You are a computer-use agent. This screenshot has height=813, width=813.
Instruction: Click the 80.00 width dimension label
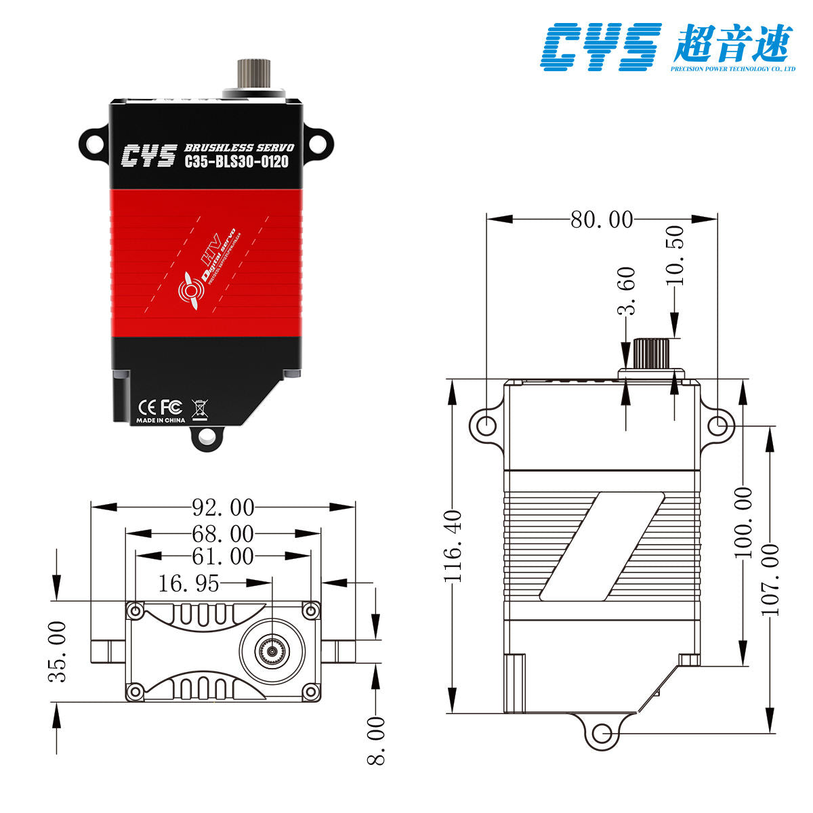[x=602, y=220]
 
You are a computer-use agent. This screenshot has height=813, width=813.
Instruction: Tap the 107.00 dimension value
[x=771, y=579]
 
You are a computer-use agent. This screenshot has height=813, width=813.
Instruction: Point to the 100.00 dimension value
[x=744, y=522]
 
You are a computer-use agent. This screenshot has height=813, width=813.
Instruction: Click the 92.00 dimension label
[x=223, y=507]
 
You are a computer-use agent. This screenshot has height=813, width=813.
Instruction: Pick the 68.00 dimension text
[x=223, y=533]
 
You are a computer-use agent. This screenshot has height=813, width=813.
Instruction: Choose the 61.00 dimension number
[x=223, y=557]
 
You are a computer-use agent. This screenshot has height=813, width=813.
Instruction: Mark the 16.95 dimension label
[x=189, y=583]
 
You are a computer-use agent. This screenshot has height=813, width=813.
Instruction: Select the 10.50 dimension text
[x=675, y=255]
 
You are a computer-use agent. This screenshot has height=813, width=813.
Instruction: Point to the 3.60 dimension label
[x=626, y=291]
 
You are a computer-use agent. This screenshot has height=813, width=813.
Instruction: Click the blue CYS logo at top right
[x=600, y=46]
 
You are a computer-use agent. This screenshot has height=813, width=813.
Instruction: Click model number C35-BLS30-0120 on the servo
[x=236, y=161]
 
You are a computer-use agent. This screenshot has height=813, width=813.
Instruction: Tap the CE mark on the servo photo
[x=147, y=406]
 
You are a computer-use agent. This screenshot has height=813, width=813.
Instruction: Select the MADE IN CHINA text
[x=161, y=420]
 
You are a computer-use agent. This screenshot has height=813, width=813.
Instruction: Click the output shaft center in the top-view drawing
[x=272, y=650]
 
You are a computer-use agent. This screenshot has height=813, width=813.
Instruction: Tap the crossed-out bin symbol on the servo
[x=200, y=408]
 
